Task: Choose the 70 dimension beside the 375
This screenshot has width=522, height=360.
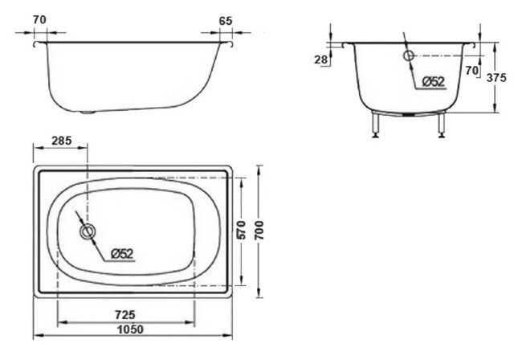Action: [x=472, y=71]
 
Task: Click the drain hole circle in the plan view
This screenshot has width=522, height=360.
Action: [x=87, y=232]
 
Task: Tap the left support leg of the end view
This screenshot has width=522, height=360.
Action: [x=375, y=125]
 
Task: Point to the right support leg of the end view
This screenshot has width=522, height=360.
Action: [x=440, y=125]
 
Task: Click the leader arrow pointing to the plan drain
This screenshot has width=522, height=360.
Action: [x=78, y=219]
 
